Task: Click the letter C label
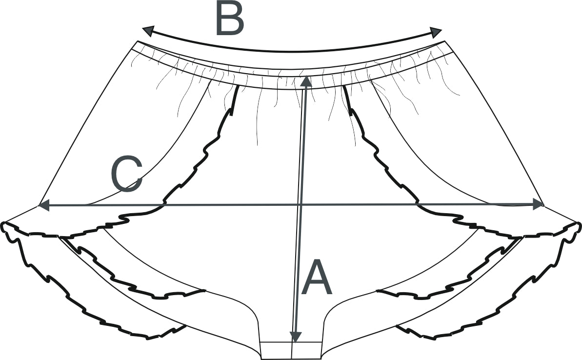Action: tap(126, 174)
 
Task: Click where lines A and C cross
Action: tap(301, 205)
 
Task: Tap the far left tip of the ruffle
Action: tap(3, 226)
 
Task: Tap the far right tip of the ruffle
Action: tap(579, 226)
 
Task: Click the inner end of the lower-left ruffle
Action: tap(204, 291)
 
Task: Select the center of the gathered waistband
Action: tap(292, 78)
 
